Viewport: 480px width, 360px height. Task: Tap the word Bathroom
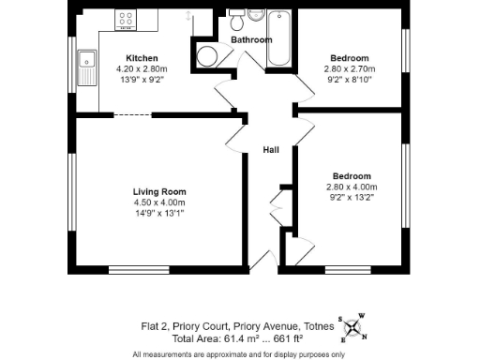(252, 40)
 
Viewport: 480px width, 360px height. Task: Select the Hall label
(271, 150)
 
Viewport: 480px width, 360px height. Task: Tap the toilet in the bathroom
(240, 21)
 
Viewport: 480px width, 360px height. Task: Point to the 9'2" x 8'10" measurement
(350, 80)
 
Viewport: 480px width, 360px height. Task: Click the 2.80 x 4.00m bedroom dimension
(352, 187)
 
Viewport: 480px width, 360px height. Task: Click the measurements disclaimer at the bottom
(239, 353)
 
